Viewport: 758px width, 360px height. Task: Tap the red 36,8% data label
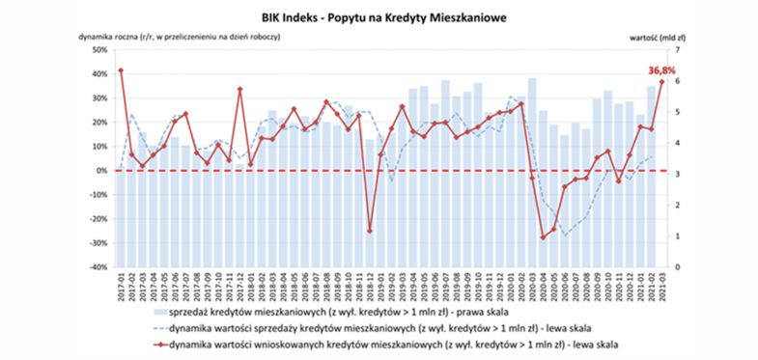[660, 69]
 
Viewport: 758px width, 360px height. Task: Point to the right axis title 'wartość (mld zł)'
[654, 36]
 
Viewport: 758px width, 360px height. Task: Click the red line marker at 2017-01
[121, 70]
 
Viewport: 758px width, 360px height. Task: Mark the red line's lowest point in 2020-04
[543, 236]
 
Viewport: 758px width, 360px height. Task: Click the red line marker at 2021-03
[662, 81]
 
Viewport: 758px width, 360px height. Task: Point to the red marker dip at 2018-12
[370, 232]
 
